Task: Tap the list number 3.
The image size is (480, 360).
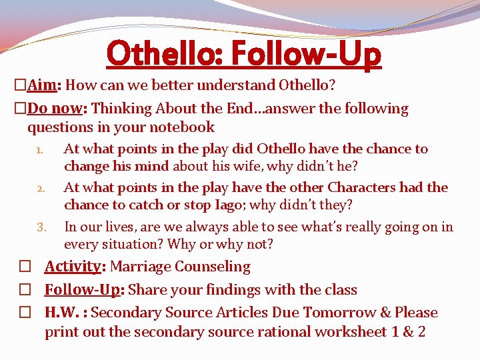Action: click(x=40, y=228)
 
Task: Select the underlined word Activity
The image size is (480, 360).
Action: click(x=72, y=267)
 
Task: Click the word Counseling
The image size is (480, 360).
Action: click(x=216, y=267)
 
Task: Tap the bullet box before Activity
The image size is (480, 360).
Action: click(x=24, y=267)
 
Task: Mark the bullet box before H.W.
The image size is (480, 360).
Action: click(x=24, y=313)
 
